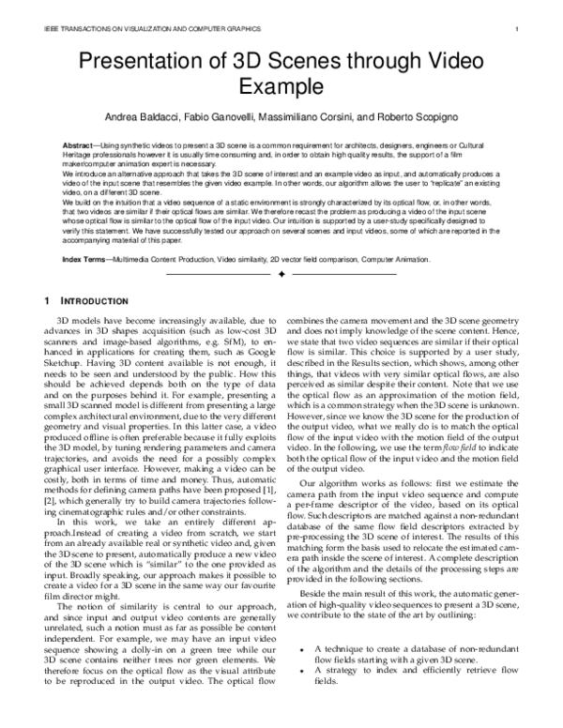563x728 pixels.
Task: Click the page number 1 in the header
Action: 517,29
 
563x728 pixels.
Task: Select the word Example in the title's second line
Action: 281,87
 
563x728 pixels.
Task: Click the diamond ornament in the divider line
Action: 281,274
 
